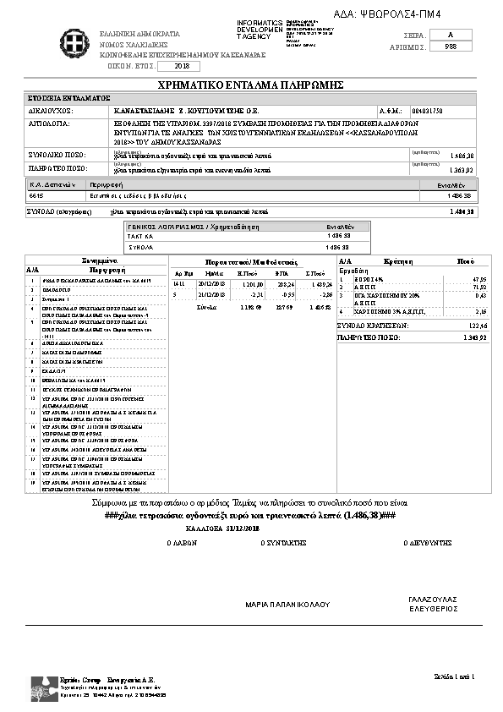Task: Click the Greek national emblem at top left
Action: (70, 39)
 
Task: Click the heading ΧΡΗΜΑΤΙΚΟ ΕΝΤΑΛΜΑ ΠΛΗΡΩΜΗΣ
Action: (250, 85)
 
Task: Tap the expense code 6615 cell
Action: (36, 195)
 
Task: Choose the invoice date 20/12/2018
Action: (208, 286)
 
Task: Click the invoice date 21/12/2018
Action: (208, 295)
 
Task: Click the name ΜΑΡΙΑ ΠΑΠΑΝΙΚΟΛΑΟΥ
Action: (287, 605)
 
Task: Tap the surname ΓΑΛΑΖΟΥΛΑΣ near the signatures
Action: (432, 598)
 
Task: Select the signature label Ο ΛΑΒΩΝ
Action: (182, 545)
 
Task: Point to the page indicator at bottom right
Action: (456, 676)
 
